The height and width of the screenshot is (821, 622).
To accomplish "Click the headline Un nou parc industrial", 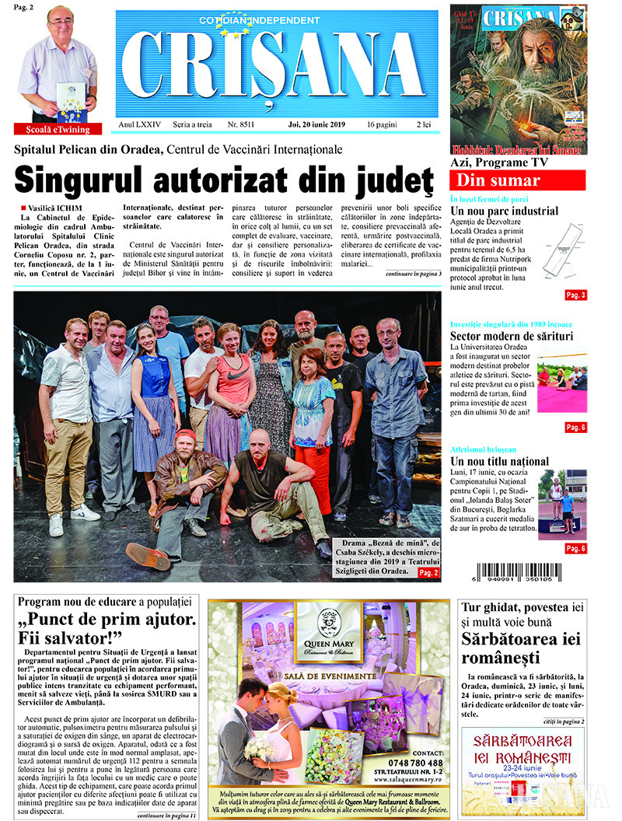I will pos(504,211).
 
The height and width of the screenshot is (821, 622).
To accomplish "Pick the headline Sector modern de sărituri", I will pos(512,336).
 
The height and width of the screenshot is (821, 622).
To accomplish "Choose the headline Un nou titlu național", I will pos(499,461).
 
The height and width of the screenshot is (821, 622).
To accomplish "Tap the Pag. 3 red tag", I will pos(575,295).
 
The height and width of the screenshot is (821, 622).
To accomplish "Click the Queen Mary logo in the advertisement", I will pos(329,626).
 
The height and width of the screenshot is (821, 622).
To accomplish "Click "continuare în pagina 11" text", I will pos(166,815).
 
